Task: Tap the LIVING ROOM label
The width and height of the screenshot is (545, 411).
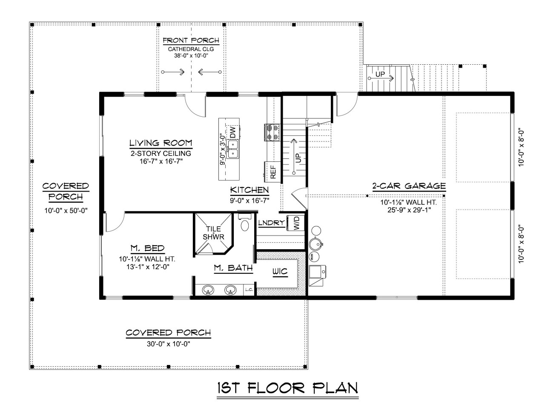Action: [x=161, y=143]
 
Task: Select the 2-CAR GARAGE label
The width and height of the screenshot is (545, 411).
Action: [x=409, y=186]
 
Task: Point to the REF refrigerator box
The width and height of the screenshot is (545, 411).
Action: [x=272, y=172]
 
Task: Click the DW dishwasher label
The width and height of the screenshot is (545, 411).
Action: [x=232, y=132]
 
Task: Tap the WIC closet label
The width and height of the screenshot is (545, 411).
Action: [x=280, y=271]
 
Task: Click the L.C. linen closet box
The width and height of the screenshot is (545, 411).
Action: [x=249, y=290]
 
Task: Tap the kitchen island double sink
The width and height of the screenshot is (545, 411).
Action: [x=232, y=151]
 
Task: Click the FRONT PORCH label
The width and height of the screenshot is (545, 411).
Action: [x=191, y=40]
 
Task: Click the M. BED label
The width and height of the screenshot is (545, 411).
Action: [x=147, y=249]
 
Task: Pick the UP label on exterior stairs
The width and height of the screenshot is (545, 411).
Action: [x=380, y=75]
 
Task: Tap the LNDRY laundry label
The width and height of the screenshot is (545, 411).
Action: [x=271, y=223]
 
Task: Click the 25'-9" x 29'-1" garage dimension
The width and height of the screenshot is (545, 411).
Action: [x=408, y=210]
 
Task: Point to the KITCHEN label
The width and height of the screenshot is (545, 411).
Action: [x=250, y=190]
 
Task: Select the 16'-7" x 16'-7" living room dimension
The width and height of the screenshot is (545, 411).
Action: [x=161, y=161]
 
